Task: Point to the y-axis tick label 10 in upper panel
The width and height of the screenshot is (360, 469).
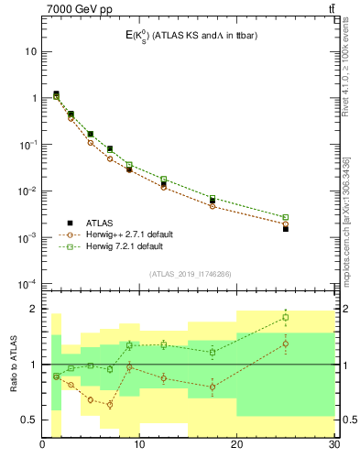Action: click(x=30, y=51)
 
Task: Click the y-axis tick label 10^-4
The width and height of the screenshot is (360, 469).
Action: click(x=27, y=284)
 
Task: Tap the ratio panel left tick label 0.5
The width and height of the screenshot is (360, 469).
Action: click(x=27, y=420)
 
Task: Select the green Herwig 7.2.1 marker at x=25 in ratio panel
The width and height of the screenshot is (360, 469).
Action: click(x=286, y=318)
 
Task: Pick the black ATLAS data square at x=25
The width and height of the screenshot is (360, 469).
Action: click(x=286, y=229)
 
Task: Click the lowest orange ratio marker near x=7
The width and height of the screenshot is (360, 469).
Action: click(x=110, y=404)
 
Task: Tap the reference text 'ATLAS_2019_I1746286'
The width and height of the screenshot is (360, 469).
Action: click(x=189, y=274)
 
